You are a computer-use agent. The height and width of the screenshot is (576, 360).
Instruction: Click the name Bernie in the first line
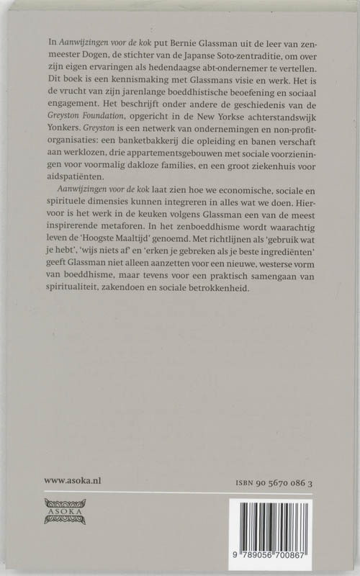(194, 45)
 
